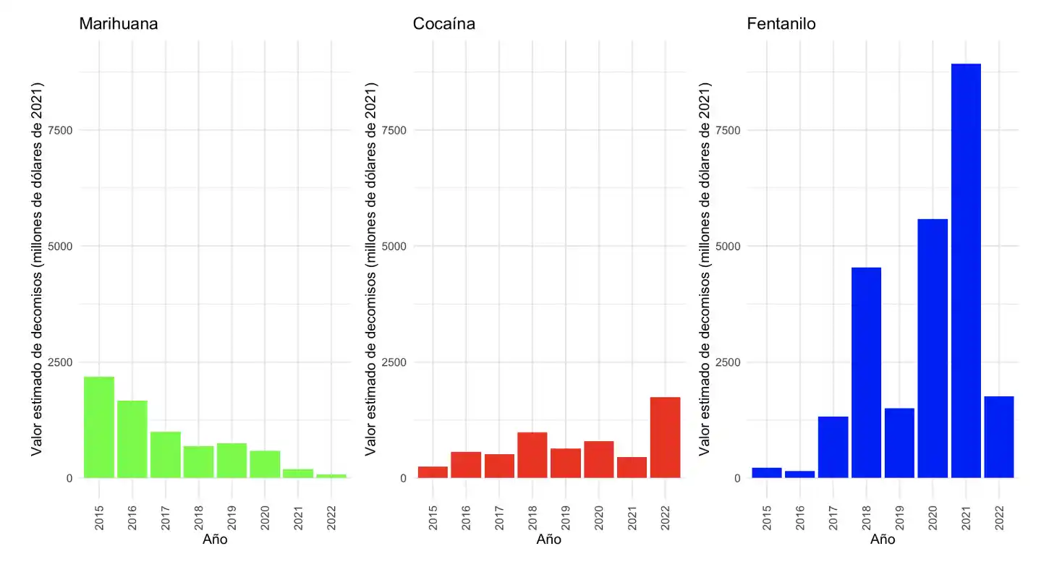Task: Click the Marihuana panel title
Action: (x=119, y=24)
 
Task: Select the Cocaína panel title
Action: (x=444, y=24)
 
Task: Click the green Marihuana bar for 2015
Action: (x=99, y=427)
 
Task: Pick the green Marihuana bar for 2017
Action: (x=166, y=454)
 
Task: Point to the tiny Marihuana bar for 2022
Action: (x=331, y=476)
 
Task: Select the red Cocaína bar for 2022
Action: (x=665, y=437)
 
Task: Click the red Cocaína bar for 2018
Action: (x=532, y=455)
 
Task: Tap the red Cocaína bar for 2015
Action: (x=433, y=472)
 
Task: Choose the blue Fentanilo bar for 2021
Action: (x=966, y=270)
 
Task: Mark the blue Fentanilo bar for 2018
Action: (x=866, y=372)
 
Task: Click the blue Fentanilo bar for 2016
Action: (x=799, y=474)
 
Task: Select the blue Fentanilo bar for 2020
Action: (x=933, y=348)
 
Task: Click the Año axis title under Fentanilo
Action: (x=883, y=540)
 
